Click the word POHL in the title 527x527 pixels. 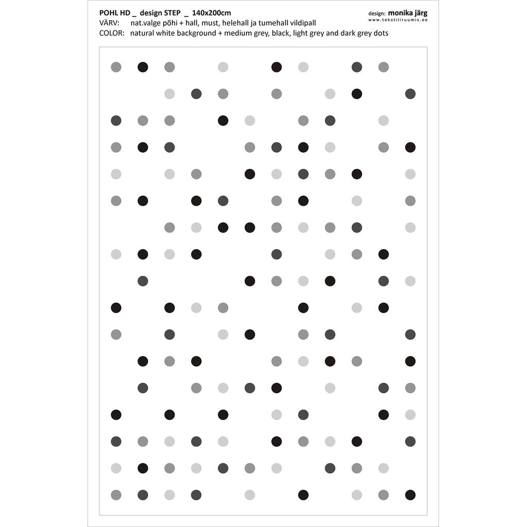108,13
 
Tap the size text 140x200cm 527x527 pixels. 212,13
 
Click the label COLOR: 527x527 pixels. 112,33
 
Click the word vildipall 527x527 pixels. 304,23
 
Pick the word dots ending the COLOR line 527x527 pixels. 380,33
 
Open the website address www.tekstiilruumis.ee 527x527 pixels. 398,20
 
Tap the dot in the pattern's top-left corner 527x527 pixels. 116,67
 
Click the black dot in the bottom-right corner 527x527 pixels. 410,495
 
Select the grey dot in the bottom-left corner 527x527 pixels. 116,495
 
